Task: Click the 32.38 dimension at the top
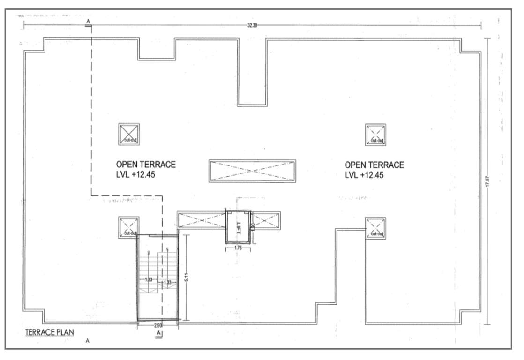pos(252,25)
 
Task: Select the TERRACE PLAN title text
pos(49,332)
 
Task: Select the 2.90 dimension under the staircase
pos(158,324)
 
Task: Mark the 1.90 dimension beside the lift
pos(253,227)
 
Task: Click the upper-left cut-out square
pos(129,135)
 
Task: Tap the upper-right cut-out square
pos(375,135)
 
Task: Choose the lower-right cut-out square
pos(375,228)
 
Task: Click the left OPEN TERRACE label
pos(146,165)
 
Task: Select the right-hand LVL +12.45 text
pos(364,176)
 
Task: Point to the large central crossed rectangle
pos(252,171)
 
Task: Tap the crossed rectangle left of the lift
pos(202,220)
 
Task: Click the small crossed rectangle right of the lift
pos(266,220)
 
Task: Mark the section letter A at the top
pos(88,22)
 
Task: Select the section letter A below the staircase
pos(159,333)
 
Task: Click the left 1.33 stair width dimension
pos(149,279)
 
